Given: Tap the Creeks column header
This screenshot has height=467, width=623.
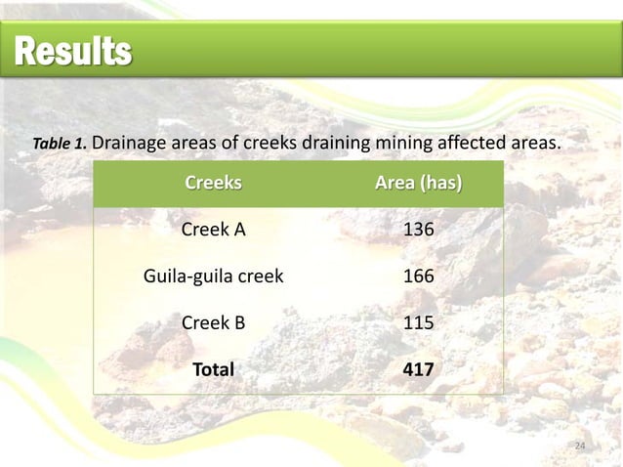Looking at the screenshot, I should (x=213, y=184).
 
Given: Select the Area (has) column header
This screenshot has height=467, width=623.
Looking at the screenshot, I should (x=419, y=184).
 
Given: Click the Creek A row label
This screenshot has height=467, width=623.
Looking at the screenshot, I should (x=213, y=230).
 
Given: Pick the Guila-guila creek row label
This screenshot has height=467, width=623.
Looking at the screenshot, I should (x=213, y=276).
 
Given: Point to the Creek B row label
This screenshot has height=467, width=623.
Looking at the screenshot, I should (x=213, y=322).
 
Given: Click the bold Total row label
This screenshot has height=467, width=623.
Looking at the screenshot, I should (x=213, y=369).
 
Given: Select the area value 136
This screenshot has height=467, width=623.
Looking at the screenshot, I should (x=419, y=230).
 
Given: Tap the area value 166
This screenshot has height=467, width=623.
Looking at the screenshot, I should (x=419, y=276).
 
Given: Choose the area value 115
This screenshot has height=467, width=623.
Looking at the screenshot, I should (x=419, y=322).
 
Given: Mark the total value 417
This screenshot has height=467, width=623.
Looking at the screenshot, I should (x=419, y=369).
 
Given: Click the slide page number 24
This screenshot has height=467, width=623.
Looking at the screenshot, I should (x=580, y=446).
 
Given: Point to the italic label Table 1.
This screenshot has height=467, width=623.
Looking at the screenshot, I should (x=61, y=145).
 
